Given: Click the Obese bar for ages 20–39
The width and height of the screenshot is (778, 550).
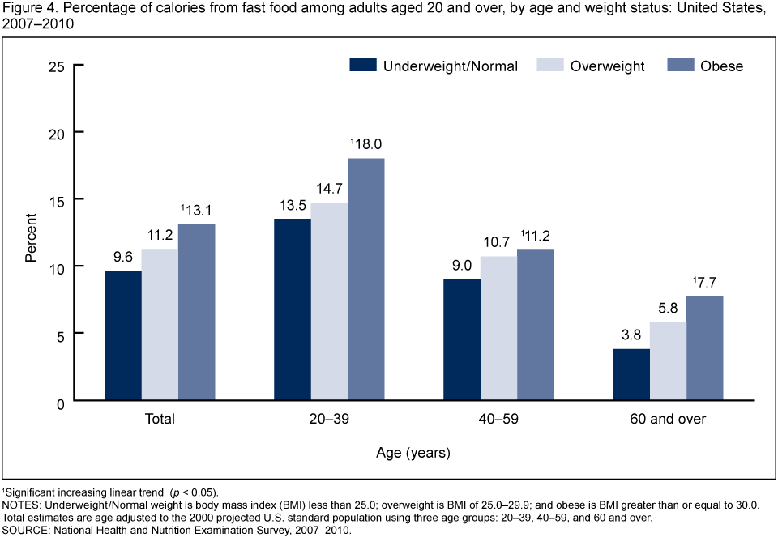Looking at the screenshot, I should click(x=365, y=279).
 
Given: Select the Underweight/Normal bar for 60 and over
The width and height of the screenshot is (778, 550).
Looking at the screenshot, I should click(x=631, y=374).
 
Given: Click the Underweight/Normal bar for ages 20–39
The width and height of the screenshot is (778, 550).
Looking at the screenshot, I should click(x=292, y=309).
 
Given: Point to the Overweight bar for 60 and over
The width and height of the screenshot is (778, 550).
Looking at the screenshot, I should click(x=668, y=361).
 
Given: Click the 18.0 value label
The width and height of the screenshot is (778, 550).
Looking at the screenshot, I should click(x=367, y=144).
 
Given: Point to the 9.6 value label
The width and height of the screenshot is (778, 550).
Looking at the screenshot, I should click(x=122, y=258).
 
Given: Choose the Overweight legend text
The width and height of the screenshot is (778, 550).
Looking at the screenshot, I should click(x=607, y=66).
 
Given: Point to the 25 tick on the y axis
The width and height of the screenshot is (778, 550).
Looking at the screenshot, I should click(x=57, y=65).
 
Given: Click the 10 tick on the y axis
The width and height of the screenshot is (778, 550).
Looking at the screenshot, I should click(x=57, y=266).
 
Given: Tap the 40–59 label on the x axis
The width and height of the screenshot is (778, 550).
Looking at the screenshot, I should click(x=498, y=420).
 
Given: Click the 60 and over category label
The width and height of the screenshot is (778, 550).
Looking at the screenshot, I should click(x=667, y=420).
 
